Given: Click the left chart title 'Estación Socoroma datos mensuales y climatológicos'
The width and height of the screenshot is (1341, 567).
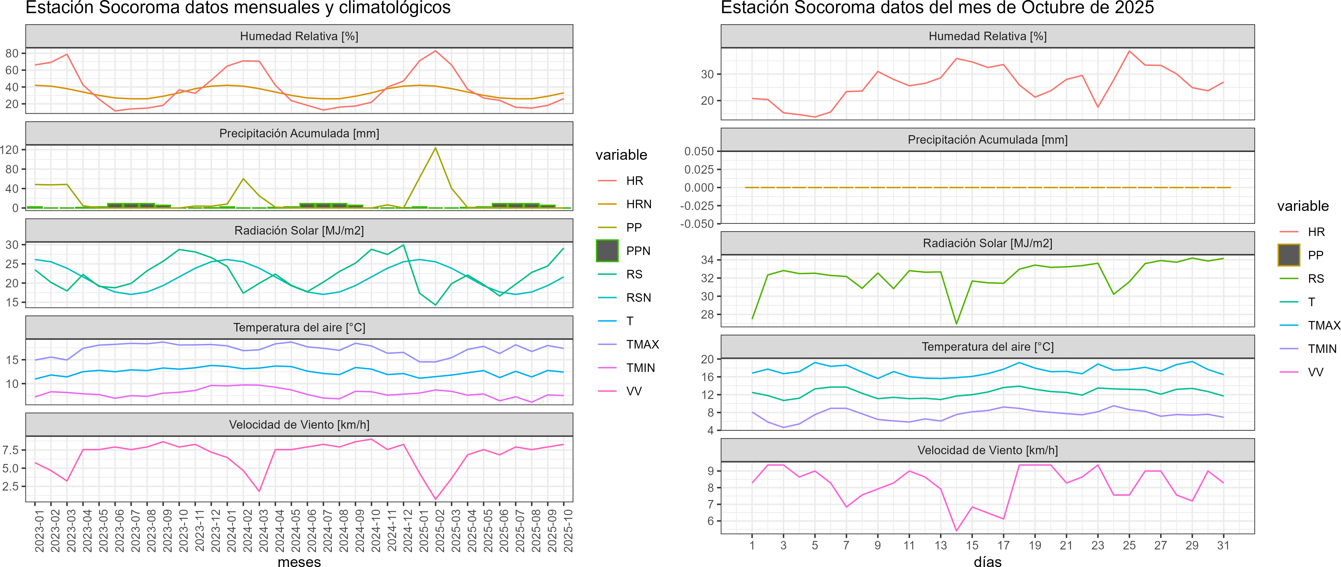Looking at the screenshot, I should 238,8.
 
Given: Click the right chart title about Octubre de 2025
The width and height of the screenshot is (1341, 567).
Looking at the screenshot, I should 937,8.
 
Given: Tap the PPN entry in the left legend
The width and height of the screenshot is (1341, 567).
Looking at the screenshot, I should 638,251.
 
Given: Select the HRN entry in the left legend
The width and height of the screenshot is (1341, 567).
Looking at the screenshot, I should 638,204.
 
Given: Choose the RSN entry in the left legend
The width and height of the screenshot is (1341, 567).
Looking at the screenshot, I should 638,298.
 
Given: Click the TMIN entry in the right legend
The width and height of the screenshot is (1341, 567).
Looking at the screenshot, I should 1322,349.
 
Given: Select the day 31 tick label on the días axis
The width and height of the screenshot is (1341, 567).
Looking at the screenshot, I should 1223,545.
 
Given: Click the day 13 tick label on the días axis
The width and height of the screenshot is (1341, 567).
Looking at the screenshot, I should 940,545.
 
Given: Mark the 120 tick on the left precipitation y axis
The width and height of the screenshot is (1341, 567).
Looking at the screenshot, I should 9,150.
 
